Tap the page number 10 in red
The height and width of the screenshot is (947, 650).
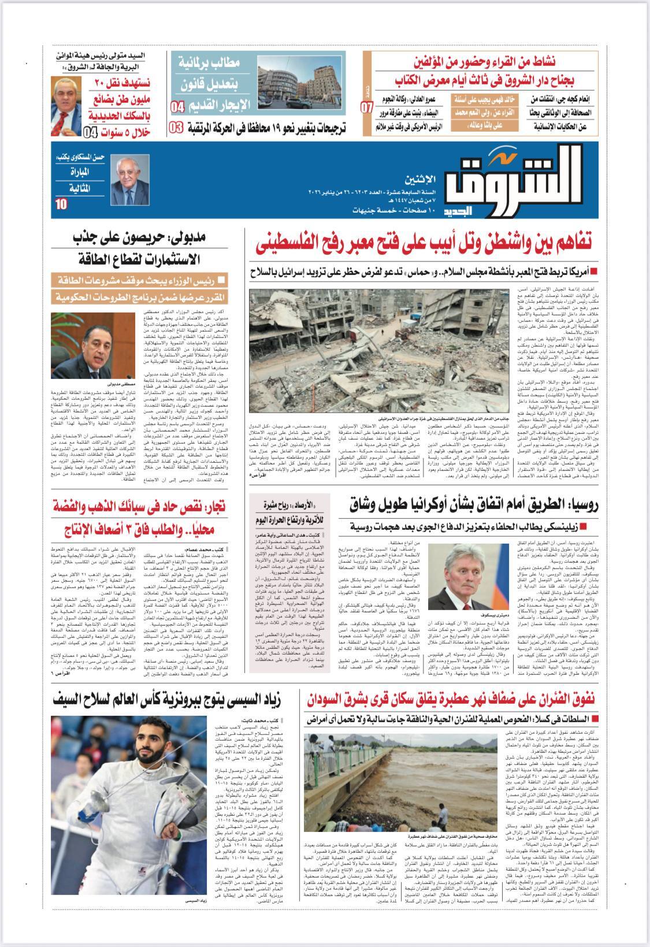pyautogui.click(x=61, y=204)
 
